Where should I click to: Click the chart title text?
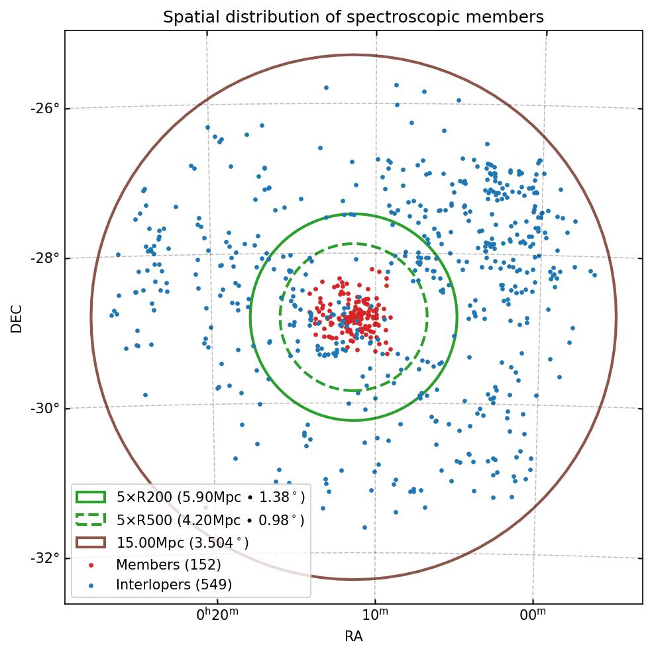[353, 17]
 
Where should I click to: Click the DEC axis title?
[17, 318]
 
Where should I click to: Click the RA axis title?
[353, 636]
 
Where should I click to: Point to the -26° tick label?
[45, 107]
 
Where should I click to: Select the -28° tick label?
[45, 258]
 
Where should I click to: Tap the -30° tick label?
[45, 408]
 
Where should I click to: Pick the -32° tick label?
[45, 558]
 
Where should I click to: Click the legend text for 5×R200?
[210, 497]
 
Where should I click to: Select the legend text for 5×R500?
[210, 520]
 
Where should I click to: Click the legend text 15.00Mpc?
[183, 542]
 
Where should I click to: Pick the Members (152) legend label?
[168, 565]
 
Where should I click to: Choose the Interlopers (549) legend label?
[174, 585]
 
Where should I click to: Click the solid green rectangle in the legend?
[91, 497]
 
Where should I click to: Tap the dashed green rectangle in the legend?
[91, 520]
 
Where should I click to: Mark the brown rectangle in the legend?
[91, 542]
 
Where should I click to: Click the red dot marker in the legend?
[91, 565]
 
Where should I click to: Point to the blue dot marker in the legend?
[91, 585]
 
